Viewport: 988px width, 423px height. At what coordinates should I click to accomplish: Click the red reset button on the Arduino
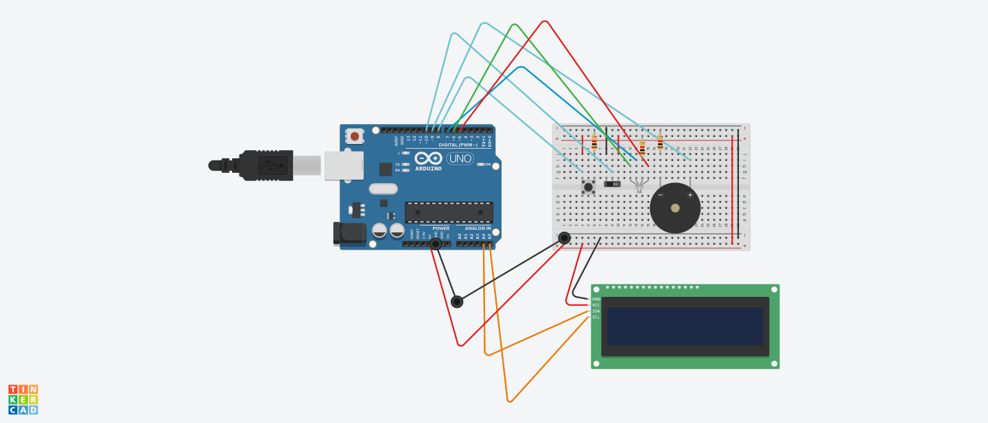[355, 136]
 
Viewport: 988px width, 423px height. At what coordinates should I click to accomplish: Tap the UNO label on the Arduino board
[460, 158]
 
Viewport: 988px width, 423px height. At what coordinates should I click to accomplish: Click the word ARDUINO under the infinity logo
[428, 168]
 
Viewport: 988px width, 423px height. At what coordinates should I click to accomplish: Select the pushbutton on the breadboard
[588, 186]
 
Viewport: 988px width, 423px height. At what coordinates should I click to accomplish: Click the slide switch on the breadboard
[612, 184]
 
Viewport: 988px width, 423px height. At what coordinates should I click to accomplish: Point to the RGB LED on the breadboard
[639, 184]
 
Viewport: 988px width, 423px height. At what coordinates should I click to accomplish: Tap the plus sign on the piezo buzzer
[690, 195]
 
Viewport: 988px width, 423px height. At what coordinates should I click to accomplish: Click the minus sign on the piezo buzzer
[660, 195]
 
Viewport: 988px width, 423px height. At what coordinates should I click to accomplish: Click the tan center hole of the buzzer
[675, 208]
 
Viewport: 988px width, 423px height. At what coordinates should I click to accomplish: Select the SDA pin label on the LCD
[596, 311]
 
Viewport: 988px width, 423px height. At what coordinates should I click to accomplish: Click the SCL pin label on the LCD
[596, 317]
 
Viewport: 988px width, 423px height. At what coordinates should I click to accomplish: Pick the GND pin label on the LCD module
[596, 299]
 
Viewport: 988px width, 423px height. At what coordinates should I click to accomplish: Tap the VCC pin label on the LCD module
[596, 305]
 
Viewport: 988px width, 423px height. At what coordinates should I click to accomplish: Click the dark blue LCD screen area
[685, 326]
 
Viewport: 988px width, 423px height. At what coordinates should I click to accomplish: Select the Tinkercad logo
[23, 400]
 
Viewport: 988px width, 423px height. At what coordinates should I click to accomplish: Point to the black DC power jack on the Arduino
[351, 233]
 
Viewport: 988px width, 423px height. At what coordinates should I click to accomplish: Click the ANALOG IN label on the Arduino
[478, 228]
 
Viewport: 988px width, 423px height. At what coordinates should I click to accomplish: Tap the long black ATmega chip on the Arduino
[449, 213]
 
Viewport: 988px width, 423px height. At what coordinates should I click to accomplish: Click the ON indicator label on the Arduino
[488, 165]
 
